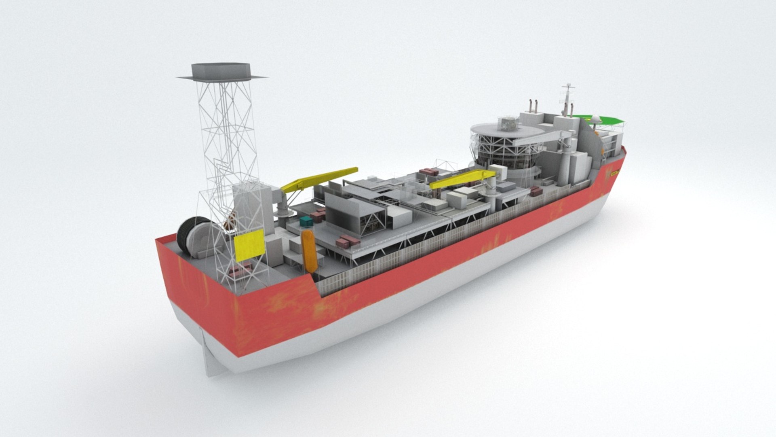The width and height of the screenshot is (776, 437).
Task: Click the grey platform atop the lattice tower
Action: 221,71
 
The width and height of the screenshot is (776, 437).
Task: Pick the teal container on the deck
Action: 306,221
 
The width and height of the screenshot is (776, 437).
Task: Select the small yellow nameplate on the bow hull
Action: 615,172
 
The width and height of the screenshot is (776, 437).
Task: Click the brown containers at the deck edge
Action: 348,242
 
